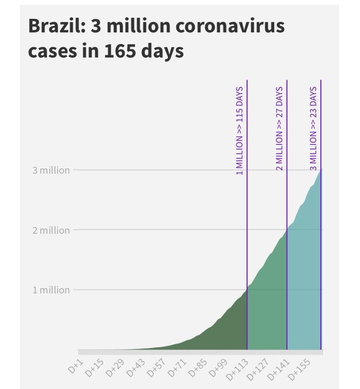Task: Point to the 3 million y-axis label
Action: click(51, 170)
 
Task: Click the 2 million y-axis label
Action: click(51, 230)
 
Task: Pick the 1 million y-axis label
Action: click(51, 290)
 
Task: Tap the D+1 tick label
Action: click(76, 365)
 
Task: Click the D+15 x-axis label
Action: click(95, 368)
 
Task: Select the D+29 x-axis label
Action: click(115, 368)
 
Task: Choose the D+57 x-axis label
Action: click(156, 368)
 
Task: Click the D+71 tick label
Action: click(176, 368)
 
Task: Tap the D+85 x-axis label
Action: click(197, 368)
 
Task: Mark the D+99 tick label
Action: click(217, 368)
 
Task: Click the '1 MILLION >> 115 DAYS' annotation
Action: click(240, 131)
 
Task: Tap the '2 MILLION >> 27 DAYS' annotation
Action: click(279, 129)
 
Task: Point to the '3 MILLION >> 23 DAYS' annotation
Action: click(313, 129)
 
